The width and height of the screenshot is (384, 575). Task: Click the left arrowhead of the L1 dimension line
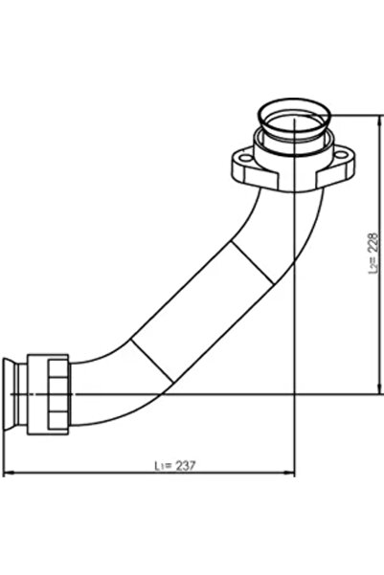tap(9, 473)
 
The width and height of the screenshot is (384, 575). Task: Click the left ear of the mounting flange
tap(242, 165)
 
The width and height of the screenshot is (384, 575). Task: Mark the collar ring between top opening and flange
tap(293, 143)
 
